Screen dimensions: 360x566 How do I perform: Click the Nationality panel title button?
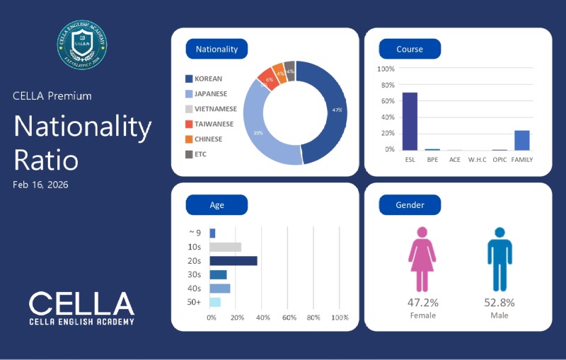(216, 50)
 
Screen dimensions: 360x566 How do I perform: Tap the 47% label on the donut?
(337, 110)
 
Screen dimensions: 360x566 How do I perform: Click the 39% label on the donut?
(259, 132)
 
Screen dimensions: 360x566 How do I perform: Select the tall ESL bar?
(410, 121)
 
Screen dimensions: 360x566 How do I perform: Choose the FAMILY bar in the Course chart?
(522, 140)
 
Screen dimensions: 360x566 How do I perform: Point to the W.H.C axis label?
(478, 160)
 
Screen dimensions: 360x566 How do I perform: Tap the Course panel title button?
(410, 50)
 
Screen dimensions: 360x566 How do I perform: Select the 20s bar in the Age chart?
(233, 261)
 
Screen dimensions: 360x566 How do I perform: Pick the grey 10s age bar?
(226, 247)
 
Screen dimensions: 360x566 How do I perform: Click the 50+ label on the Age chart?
(195, 302)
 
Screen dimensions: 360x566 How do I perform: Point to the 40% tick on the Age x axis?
(263, 318)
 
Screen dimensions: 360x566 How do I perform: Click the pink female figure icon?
(422, 260)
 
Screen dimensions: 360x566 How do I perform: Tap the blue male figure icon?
(499, 260)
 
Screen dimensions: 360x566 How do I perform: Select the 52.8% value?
(499, 303)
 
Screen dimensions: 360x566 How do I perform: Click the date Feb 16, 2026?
(40, 185)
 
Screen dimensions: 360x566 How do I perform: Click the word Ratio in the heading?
(46, 160)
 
